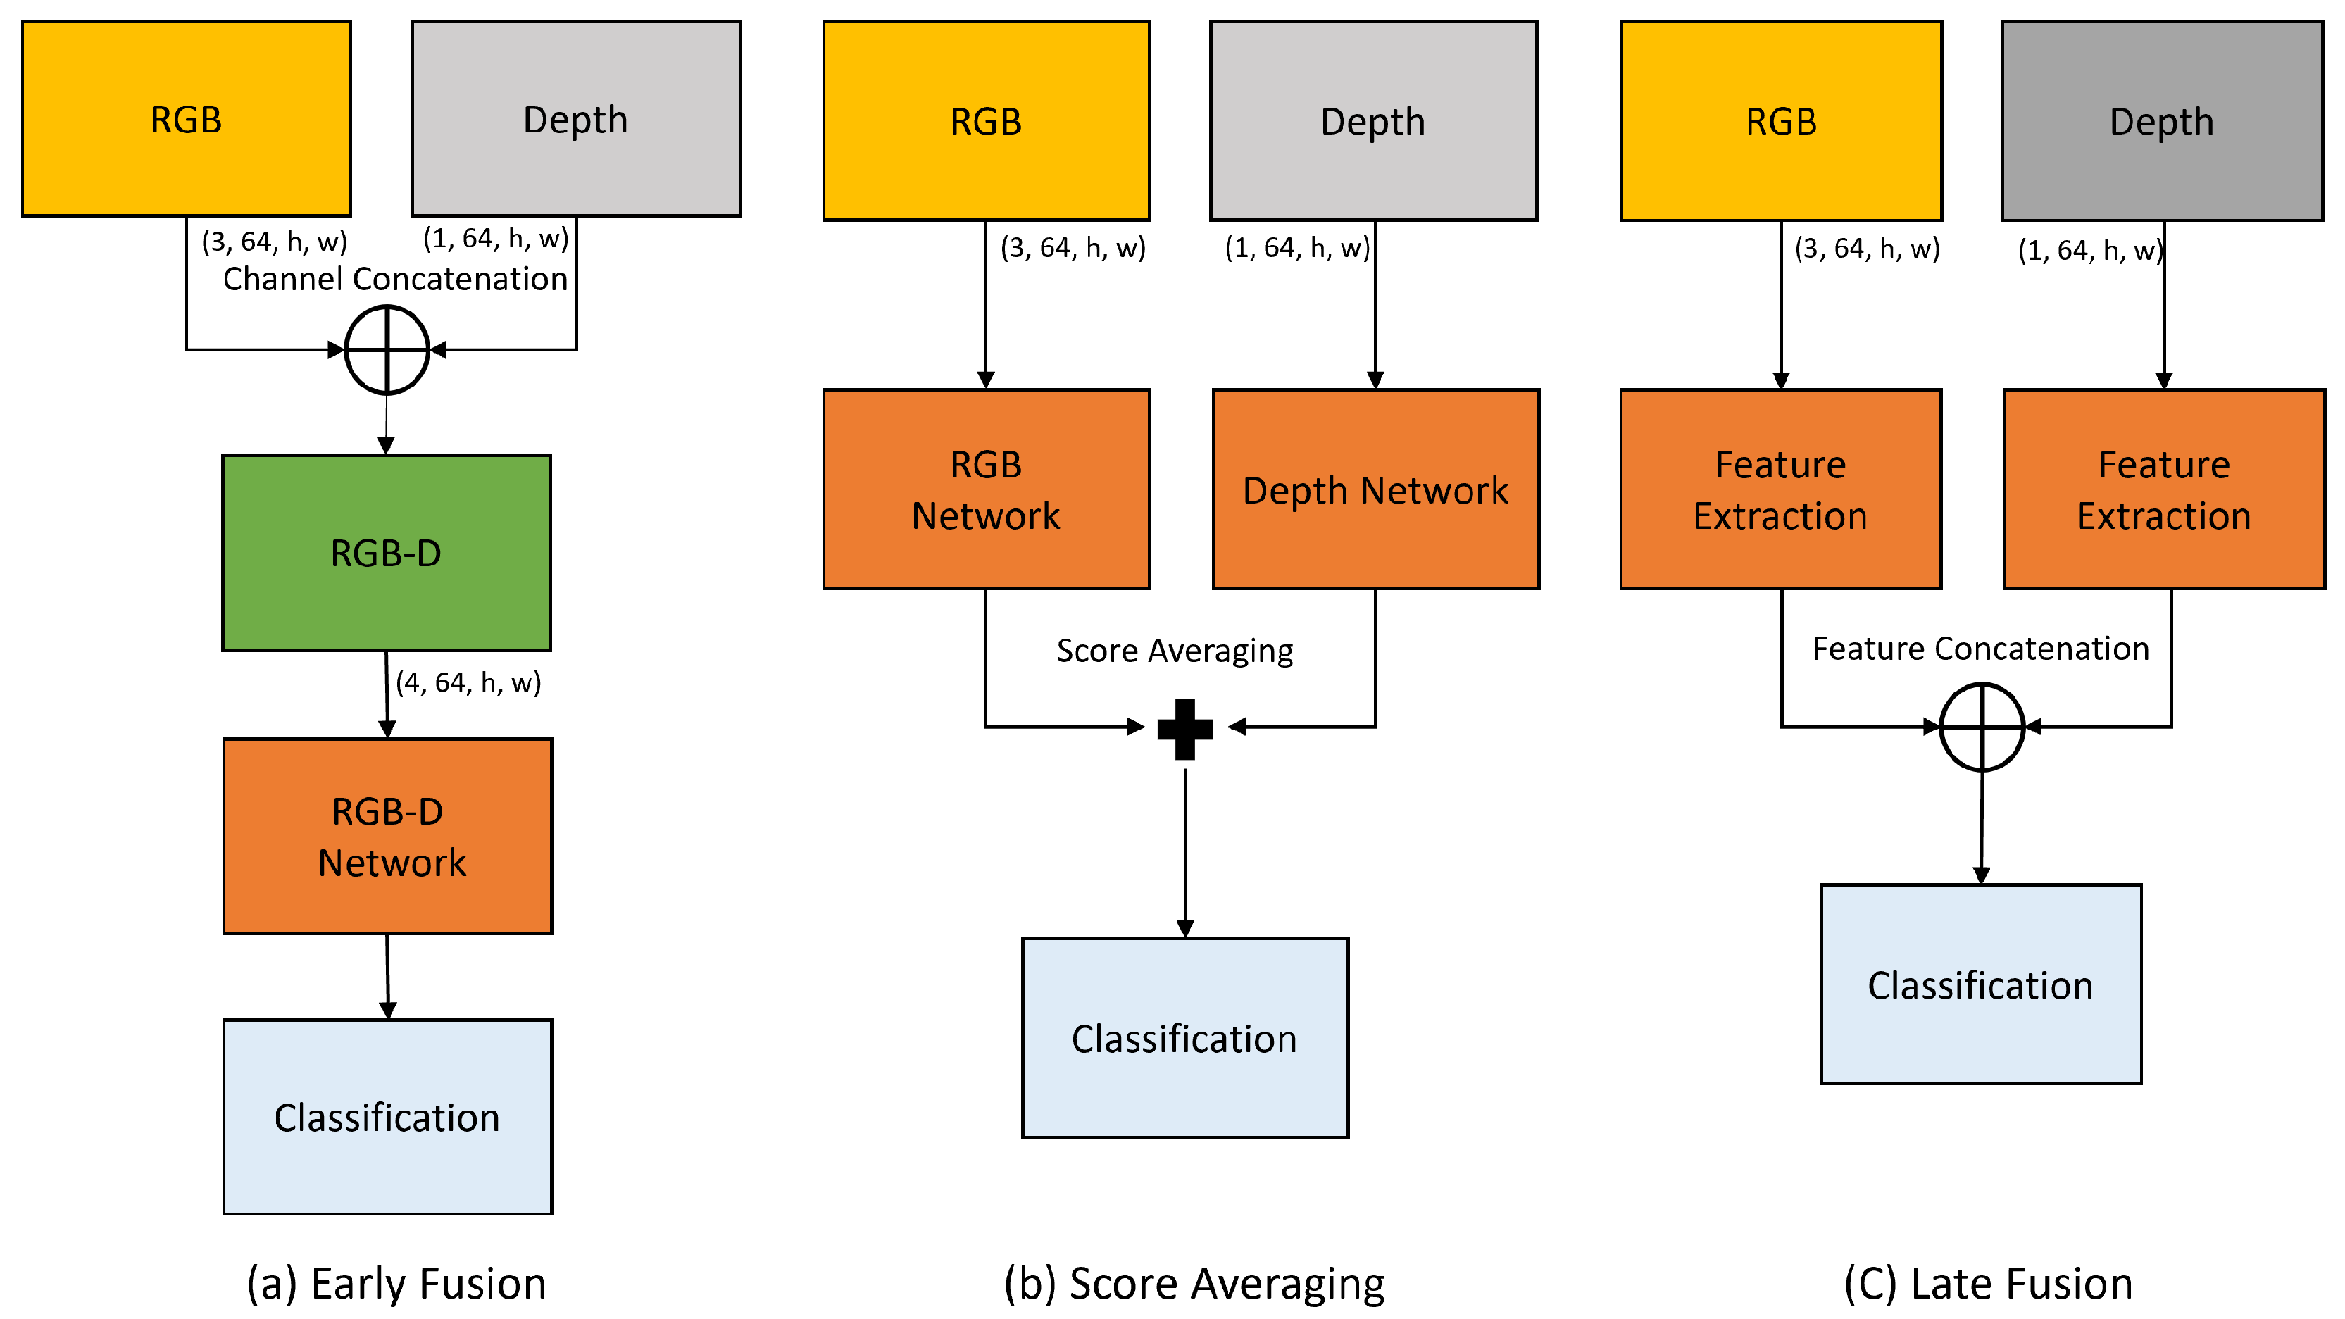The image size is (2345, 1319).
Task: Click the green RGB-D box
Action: click(386, 553)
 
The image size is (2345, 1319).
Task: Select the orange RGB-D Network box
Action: click(388, 836)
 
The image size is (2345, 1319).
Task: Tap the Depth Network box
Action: click(1375, 489)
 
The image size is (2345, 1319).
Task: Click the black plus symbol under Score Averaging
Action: click(1184, 728)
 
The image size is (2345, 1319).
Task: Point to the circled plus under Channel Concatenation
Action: click(387, 349)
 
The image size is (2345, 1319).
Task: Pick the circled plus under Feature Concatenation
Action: click(1982, 727)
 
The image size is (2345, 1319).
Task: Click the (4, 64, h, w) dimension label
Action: click(468, 682)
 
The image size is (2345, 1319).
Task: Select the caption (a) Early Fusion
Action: click(396, 1284)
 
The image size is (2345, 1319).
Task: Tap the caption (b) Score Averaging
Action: click(1194, 1284)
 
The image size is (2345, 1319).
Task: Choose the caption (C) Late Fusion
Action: click(1988, 1284)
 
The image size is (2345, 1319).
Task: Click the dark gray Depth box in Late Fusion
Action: click(2162, 120)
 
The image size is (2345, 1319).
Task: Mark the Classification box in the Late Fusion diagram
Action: click(1981, 984)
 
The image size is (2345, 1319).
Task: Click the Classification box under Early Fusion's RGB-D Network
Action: click(388, 1116)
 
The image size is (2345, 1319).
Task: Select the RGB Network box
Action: click(986, 489)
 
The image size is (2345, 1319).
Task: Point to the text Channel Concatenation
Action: click(395, 279)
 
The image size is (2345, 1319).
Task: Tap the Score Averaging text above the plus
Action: click(1175, 650)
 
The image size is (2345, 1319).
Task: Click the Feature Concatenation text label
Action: click(1981, 648)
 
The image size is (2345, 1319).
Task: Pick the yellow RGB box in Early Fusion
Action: click(186, 118)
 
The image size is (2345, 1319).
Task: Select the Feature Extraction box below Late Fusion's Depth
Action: click(2164, 489)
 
